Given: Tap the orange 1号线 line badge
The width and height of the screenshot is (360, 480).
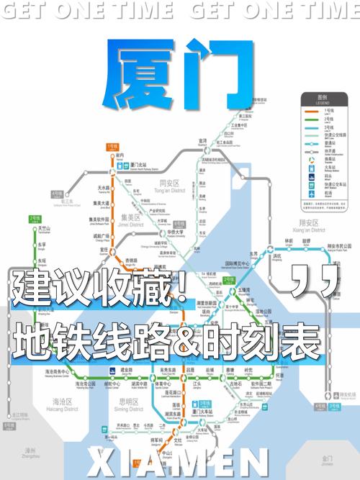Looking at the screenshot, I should coord(112,146).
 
